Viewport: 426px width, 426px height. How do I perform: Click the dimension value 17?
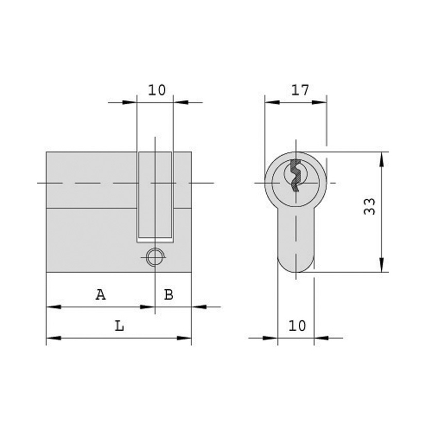click(300, 89)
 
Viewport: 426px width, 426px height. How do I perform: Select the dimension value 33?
click(370, 206)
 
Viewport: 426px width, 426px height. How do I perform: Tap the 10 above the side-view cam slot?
click(157, 89)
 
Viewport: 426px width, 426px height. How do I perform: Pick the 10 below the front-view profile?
click(297, 325)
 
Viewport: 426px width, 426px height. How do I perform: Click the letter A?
click(100, 294)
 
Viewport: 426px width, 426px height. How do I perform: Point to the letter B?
click(168, 294)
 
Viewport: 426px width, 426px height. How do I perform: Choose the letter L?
click(120, 325)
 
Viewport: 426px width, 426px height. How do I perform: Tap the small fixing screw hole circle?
click(154, 257)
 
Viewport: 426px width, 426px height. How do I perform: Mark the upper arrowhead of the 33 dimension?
click(382, 158)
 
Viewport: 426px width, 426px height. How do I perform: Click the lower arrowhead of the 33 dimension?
click(382, 266)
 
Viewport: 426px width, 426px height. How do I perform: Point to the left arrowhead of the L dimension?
click(52, 338)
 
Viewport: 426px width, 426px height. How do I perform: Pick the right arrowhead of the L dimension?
click(185, 338)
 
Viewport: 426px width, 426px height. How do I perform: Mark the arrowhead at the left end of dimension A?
click(52, 307)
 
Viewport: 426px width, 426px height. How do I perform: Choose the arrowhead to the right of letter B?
click(198, 307)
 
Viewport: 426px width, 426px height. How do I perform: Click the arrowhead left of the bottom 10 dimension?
click(272, 338)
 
